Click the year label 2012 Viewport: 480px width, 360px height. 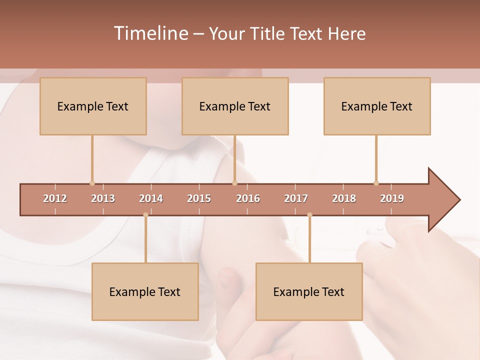(x=55, y=198)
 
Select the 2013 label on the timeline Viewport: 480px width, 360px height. (x=103, y=198)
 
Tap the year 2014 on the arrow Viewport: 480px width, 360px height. (x=151, y=198)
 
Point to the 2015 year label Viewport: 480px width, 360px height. (x=199, y=198)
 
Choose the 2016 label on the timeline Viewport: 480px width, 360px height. (x=248, y=198)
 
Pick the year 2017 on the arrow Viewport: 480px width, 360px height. (x=296, y=198)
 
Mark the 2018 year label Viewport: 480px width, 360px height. (x=344, y=198)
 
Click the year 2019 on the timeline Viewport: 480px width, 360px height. (x=392, y=198)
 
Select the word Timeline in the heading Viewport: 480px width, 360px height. (x=150, y=33)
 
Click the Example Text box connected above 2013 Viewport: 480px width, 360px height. (x=93, y=106)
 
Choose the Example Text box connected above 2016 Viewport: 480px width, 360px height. (x=235, y=106)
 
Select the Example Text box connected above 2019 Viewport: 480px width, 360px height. (x=377, y=106)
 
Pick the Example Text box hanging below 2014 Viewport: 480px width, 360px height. (x=145, y=291)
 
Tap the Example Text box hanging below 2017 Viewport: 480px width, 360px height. (x=309, y=291)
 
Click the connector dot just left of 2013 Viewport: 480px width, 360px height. (x=92, y=183)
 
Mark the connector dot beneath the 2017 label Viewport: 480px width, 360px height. (x=309, y=215)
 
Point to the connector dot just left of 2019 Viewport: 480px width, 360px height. (x=376, y=183)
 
